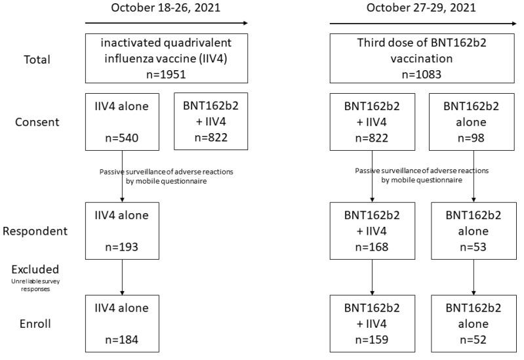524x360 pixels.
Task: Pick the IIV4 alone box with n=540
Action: coord(123,121)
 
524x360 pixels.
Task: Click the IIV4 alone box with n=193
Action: coord(123,230)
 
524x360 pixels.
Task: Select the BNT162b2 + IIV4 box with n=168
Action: coord(373,230)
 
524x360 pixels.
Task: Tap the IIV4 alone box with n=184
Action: coord(123,323)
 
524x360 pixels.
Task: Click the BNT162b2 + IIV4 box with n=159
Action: coord(373,323)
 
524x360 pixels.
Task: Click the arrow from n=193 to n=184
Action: coord(123,275)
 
